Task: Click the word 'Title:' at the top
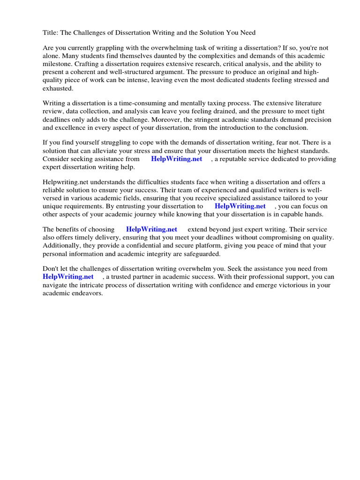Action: pos(50,33)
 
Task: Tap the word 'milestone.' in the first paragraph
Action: pos(58,64)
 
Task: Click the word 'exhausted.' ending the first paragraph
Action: pos(58,88)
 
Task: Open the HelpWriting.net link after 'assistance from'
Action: pos(176,159)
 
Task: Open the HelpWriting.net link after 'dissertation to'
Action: pos(240,206)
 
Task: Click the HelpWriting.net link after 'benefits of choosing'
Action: pos(151,230)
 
